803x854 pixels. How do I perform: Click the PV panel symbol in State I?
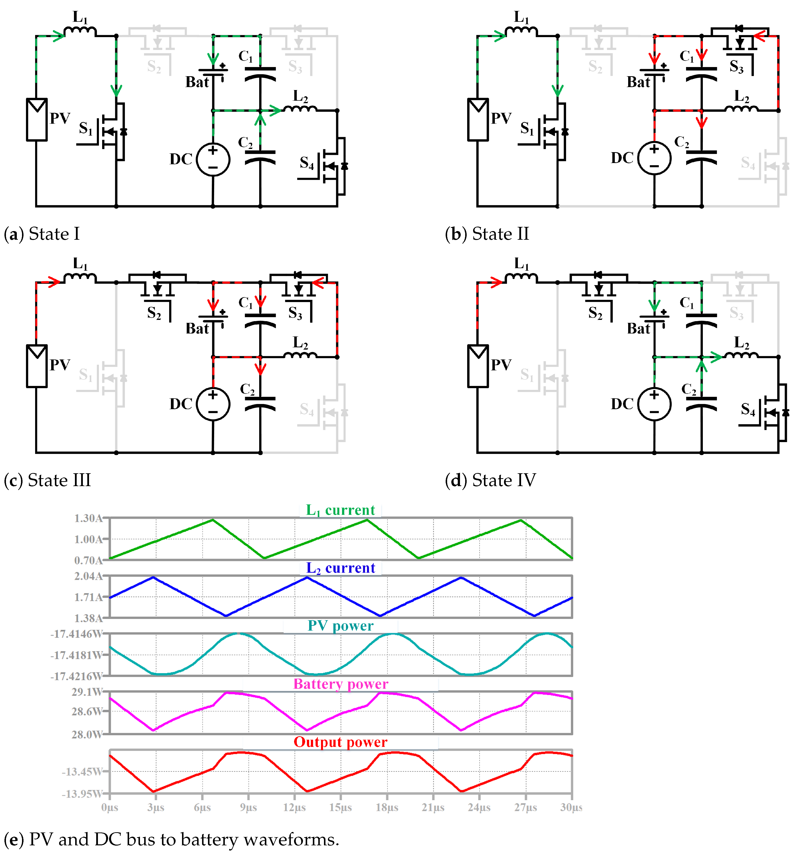[x=37, y=119]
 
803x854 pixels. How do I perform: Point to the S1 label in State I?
[x=86, y=128]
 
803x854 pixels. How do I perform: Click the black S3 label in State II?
[x=736, y=67]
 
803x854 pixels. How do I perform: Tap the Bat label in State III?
[x=197, y=329]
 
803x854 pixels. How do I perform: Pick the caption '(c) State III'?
[x=47, y=480]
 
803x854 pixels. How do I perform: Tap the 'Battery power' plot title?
[x=341, y=684]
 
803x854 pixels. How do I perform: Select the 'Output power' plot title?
[x=341, y=742]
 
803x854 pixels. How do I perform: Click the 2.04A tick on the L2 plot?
[x=88, y=576]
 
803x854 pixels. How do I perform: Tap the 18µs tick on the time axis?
[x=387, y=807]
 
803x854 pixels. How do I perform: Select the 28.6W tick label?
[x=87, y=712]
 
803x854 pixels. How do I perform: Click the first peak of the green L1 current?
[x=213, y=520]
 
